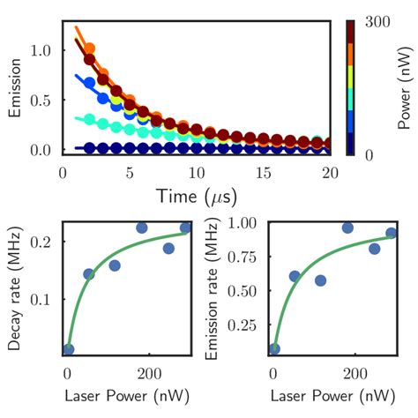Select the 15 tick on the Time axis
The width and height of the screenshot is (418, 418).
(x=265, y=169)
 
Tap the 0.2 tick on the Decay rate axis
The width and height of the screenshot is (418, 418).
(x=45, y=241)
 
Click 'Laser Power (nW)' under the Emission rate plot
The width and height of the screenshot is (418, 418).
(x=327, y=393)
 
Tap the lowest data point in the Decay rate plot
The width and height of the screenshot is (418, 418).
(x=69, y=350)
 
